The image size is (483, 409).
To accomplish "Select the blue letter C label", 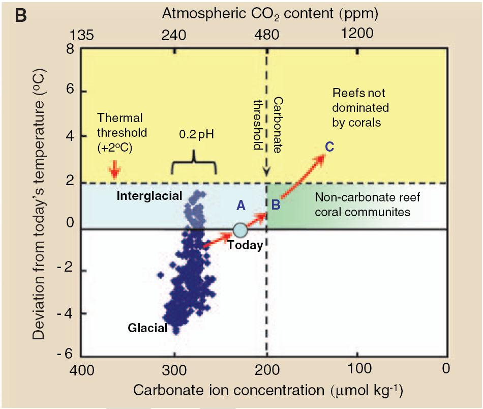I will click(329, 148).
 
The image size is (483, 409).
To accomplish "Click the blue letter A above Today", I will click(241, 205).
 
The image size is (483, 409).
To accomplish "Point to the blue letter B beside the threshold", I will click(276, 205).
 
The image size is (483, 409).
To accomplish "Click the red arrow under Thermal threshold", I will click(115, 170).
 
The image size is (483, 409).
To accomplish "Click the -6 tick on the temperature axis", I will click(65, 354).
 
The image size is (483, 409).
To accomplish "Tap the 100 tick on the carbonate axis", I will click(357, 368).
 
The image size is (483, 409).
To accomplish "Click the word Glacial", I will click(147, 328).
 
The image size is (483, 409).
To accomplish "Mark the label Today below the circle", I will click(245, 245).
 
